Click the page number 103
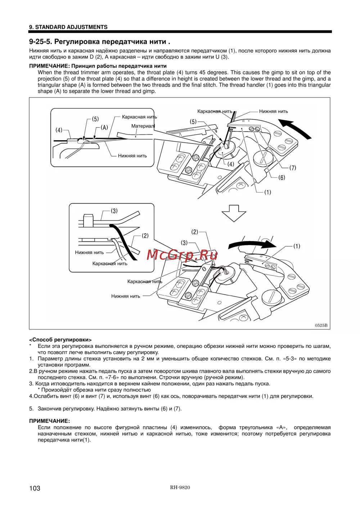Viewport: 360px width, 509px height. [35, 488]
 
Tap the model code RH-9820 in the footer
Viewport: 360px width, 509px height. [180, 487]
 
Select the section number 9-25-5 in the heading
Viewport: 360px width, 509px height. [41, 42]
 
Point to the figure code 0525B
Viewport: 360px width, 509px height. [321, 325]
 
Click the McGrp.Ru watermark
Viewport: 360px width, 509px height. [182, 255]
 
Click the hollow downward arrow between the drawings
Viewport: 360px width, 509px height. [234, 213]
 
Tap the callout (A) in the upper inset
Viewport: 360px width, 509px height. [104, 127]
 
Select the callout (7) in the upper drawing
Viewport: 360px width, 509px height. [292, 168]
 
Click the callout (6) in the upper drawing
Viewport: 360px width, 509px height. [282, 177]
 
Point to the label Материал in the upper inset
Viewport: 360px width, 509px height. [143, 126]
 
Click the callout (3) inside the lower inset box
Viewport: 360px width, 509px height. [114, 211]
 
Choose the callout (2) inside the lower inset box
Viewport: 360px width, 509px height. [145, 236]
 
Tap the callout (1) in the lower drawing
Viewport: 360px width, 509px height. [296, 246]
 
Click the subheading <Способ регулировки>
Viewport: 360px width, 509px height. [60, 340]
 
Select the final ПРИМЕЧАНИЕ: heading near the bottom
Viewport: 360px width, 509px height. [49, 421]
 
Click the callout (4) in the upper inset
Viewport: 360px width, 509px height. [59, 130]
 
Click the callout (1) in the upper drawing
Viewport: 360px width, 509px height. [267, 192]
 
